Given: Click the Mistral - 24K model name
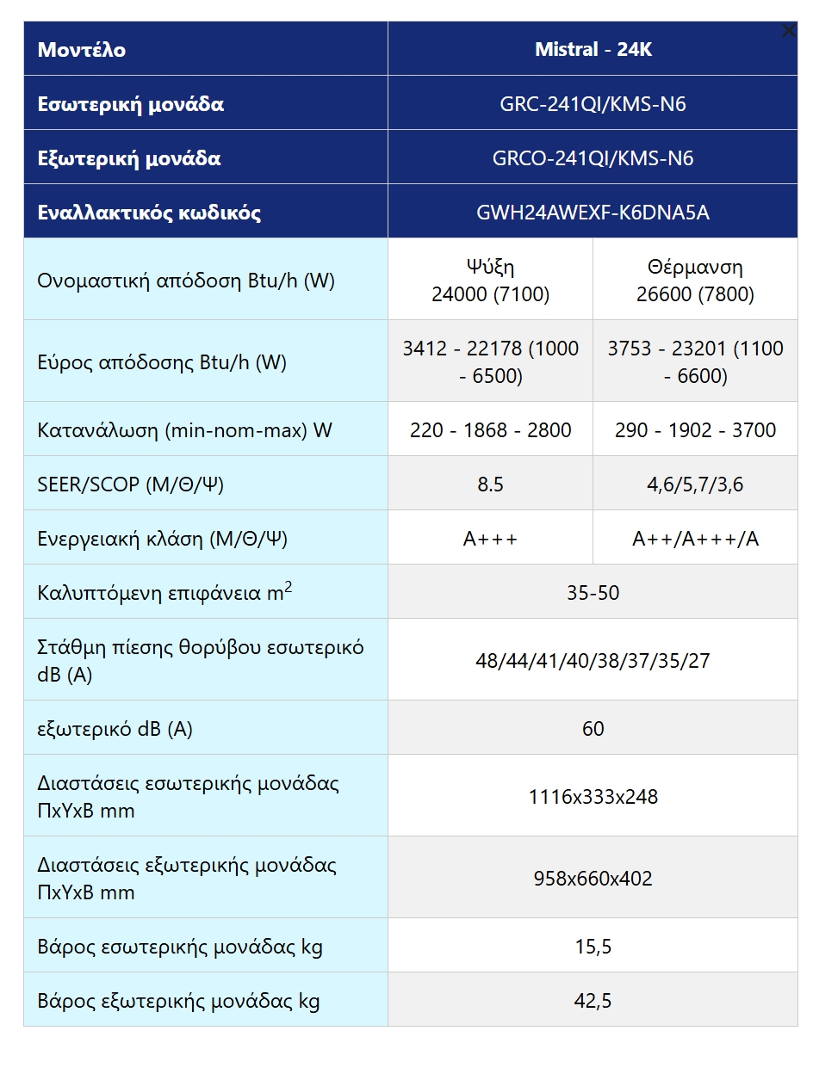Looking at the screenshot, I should coord(593,49).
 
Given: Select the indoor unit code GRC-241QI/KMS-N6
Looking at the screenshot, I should coord(593,104).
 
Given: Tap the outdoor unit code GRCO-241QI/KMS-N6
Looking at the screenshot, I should coord(593,158).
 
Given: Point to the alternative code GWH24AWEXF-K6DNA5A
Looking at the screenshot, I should coord(593,213).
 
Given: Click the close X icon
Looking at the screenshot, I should coord(788,31).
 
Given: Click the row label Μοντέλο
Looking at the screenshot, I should coord(82,49).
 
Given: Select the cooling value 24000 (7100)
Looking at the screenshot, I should coord(490,294).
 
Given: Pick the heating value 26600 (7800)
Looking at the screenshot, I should coord(695,294).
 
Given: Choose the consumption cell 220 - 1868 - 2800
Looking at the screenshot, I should coord(490,429).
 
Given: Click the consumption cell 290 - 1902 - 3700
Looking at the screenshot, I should coord(695,429).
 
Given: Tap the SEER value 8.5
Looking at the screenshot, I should coord(490,485).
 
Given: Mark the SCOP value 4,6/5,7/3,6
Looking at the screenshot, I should coord(695,485).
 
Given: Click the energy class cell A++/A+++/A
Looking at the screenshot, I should coord(695,539).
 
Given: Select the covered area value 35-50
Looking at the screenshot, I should coord(593,593).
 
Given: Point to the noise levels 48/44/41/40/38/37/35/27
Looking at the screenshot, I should coord(593,661).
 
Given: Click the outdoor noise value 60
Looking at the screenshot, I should coord(593,729).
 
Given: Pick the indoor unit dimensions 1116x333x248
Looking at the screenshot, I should coord(593,797).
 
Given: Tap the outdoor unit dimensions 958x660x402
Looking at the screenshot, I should coord(593,879).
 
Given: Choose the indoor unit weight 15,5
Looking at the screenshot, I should coord(593,947).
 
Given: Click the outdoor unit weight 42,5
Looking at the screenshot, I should coord(593,1001).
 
